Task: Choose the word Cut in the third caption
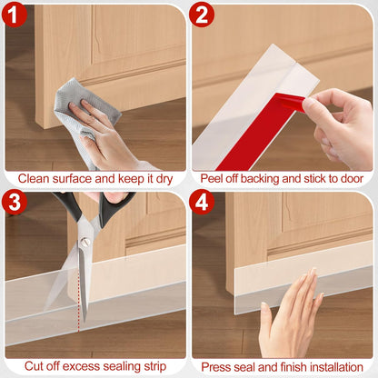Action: [x=34, y=366]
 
